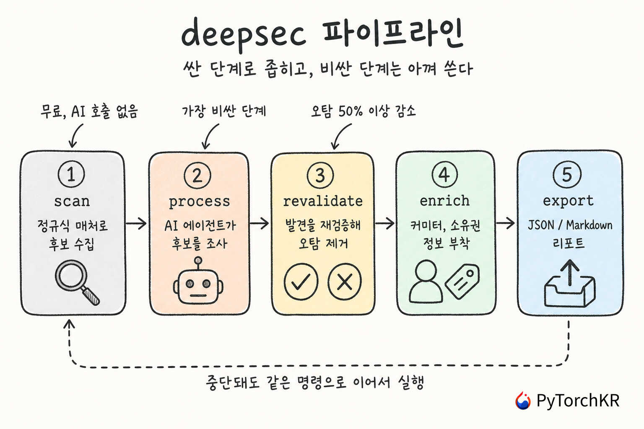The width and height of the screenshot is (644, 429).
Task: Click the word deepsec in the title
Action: [244, 34]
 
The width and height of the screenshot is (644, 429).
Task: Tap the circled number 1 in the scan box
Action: [71, 174]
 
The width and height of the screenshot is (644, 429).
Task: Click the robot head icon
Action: [198, 281]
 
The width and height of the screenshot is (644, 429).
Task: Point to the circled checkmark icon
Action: [301, 281]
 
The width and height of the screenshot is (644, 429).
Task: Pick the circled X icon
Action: [344, 281]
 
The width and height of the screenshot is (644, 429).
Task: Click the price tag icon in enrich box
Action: [462, 281]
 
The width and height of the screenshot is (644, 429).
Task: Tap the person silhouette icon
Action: [426, 281]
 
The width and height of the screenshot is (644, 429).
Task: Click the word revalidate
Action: [323, 201]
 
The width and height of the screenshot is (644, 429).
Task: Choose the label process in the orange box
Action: [199, 202]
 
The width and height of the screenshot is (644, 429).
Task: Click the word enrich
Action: [444, 201]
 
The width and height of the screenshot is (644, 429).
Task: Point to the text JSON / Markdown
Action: [570, 225]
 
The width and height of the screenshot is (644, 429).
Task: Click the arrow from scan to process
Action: [136, 223]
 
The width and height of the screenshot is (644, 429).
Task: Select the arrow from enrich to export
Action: [505, 223]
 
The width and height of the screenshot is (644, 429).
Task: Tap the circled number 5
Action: [567, 174]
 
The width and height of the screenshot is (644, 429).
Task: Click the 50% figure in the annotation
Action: [351, 111]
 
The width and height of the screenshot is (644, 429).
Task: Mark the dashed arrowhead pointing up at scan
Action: [69, 324]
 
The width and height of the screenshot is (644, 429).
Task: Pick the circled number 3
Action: [320, 175]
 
